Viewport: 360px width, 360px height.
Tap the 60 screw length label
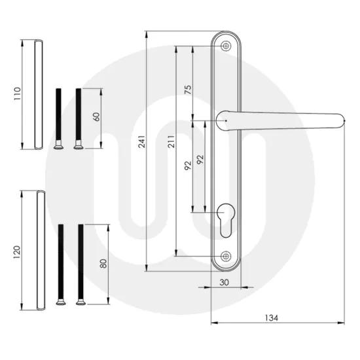click(x=96, y=117)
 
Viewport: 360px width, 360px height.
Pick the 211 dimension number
click(x=171, y=145)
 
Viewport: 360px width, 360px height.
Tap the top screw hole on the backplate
click(x=226, y=46)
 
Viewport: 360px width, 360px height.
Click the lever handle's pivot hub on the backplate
click(x=224, y=119)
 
